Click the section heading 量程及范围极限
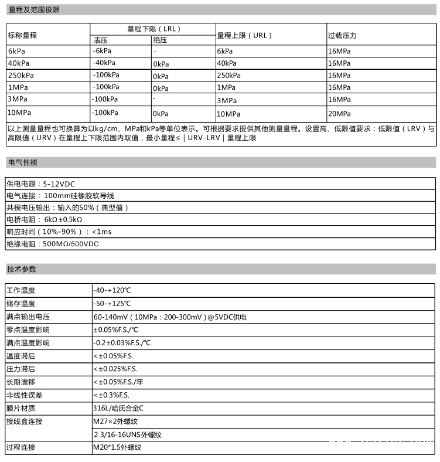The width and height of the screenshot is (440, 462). click(x=33, y=10)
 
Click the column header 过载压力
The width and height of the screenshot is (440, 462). click(x=342, y=35)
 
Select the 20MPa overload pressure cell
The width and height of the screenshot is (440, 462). click(x=339, y=113)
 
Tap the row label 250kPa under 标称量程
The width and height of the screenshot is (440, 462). click(x=21, y=75)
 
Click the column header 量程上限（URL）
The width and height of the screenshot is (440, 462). click(x=245, y=35)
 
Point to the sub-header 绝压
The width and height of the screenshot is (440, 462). click(x=160, y=40)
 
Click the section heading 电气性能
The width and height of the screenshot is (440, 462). click(x=22, y=162)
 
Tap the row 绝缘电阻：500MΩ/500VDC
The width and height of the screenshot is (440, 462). click(x=53, y=243)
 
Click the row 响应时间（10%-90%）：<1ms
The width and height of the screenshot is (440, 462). click(x=59, y=232)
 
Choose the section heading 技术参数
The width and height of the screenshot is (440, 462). click(x=22, y=269)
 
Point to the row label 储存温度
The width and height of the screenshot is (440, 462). click(x=21, y=304)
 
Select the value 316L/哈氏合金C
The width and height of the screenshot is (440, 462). click(x=118, y=408)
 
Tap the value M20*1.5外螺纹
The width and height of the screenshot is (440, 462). click(x=117, y=448)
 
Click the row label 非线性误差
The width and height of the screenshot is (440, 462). click(x=25, y=395)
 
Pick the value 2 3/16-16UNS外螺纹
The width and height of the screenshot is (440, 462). click(x=127, y=435)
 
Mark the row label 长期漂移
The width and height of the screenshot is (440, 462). click(x=21, y=382)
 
